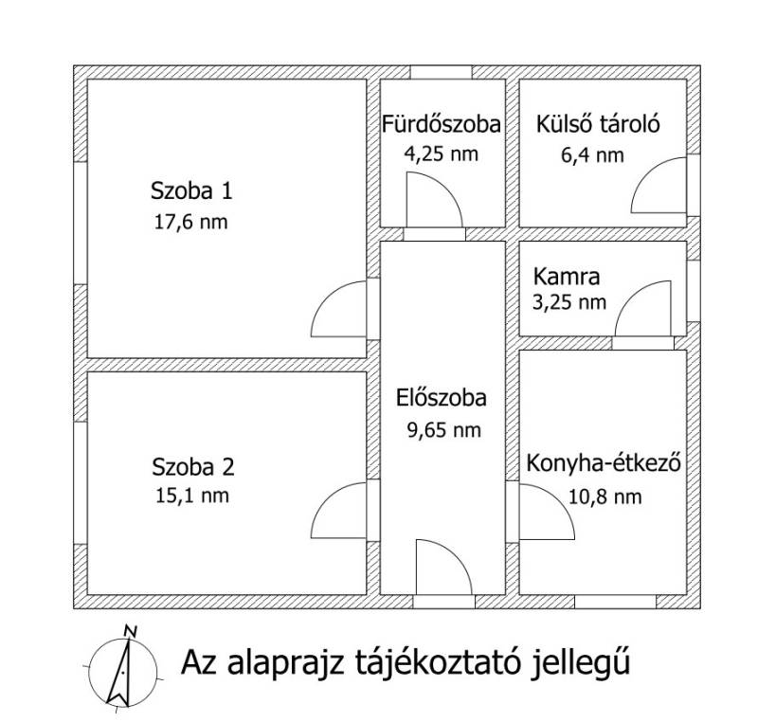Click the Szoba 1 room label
(x=191, y=190)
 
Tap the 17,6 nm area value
(x=191, y=222)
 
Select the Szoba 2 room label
(x=193, y=467)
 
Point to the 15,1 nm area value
(x=192, y=496)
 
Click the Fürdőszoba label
(x=442, y=124)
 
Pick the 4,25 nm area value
(x=441, y=153)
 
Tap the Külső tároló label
(x=598, y=124)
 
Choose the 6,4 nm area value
(x=592, y=155)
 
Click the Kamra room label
(x=567, y=277)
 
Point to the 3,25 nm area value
(x=569, y=302)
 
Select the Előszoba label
(x=442, y=398)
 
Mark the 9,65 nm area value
(x=443, y=429)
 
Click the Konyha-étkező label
(x=604, y=463)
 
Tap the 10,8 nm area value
(x=605, y=496)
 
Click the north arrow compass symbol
(x=123, y=672)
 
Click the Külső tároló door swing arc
(x=647, y=172)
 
